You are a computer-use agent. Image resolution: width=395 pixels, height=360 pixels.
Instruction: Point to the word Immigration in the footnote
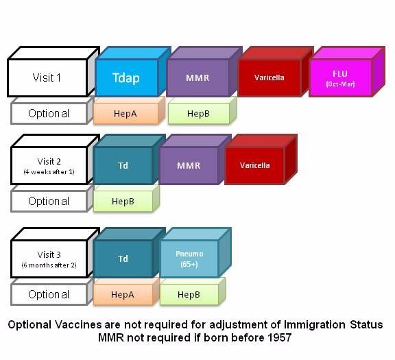click(315, 325)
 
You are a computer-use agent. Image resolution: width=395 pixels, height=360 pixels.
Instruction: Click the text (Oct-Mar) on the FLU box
click(340, 84)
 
